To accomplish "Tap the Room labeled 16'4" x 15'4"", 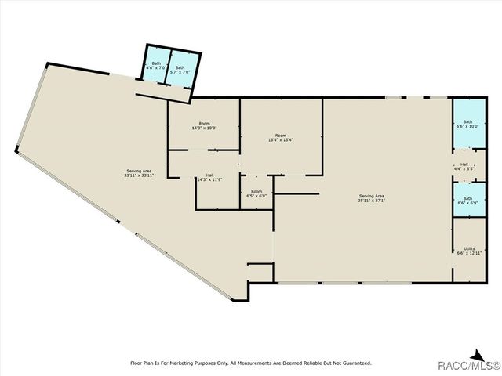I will tap(280, 138).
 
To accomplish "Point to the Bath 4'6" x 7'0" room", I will tap(156, 66).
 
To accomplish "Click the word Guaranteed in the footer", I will tap(355, 363).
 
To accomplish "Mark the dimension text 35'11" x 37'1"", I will tap(372, 200).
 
